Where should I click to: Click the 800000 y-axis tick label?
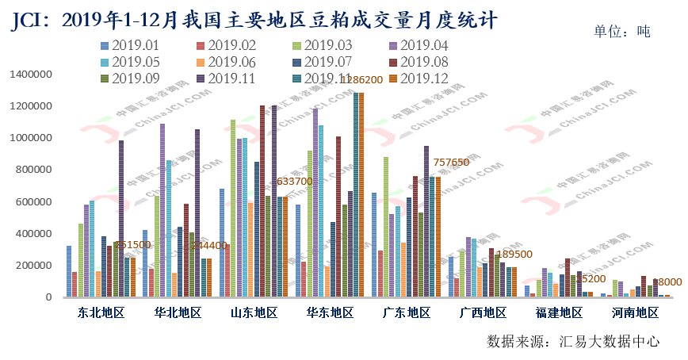pos(34,170)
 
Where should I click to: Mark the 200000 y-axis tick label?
pos(34,266)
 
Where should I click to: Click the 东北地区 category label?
pos(101,312)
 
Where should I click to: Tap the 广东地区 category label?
pos(407,312)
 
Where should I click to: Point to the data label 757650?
pos(452,163)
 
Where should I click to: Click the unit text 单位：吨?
pos(622,33)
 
